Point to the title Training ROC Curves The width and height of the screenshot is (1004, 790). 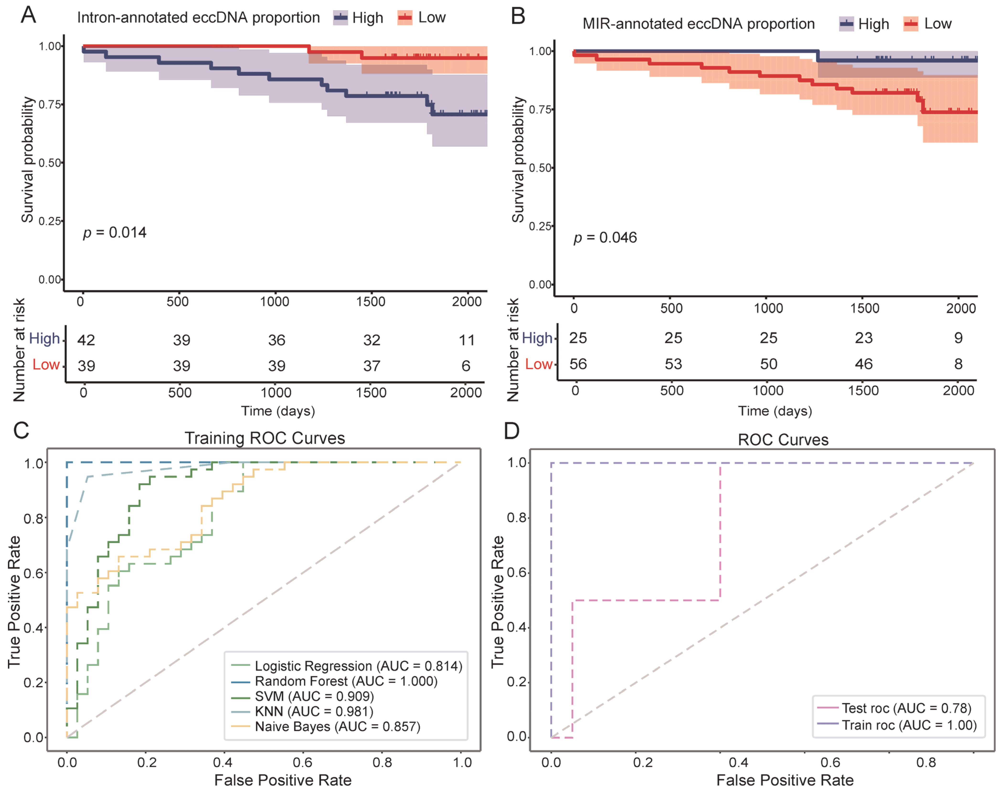[x=265, y=438]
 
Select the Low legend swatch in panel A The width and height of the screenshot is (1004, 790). [x=405, y=18]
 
